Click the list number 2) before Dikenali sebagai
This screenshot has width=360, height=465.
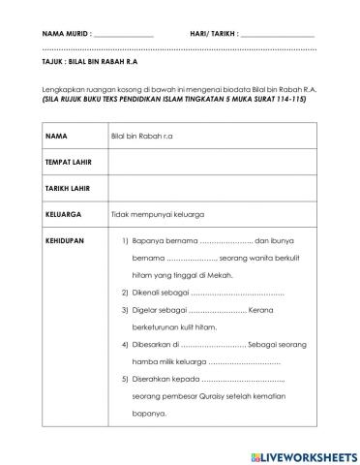point(125,292)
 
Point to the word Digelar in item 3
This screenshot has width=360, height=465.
point(148,310)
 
